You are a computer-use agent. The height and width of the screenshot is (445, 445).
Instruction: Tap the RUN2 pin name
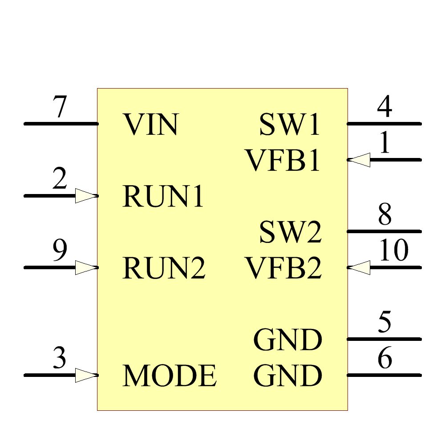[164, 268]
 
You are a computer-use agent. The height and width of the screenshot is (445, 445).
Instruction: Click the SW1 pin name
[290, 125]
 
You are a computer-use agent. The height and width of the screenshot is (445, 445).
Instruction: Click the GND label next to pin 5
[287, 340]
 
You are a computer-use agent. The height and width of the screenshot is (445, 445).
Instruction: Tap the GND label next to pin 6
[287, 376]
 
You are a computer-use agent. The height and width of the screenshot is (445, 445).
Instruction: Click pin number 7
[59, 107]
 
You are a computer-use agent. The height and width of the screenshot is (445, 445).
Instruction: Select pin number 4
[384, 107]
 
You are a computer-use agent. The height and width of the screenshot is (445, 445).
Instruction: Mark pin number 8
[385, 214]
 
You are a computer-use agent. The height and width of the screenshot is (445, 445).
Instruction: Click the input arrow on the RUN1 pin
[86, 196]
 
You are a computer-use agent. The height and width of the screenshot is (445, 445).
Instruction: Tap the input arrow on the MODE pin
[86, 375]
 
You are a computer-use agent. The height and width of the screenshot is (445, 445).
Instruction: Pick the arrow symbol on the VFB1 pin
[359, 160]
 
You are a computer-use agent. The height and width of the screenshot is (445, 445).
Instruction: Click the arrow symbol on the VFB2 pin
[359, 267]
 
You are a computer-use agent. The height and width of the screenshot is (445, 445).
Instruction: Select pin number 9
[60, 250]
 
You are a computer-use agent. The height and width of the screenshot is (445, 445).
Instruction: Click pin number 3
[60, 358]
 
